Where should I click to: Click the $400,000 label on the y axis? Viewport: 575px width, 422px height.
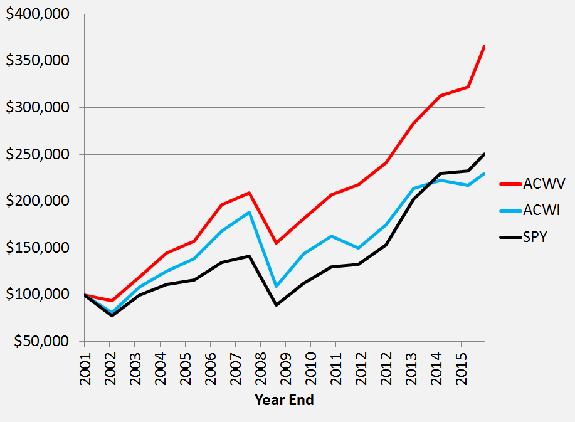pos(38,14)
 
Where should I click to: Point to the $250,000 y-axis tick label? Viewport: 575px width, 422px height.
pos(38,155)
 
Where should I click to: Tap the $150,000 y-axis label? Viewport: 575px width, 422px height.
pos(38,248)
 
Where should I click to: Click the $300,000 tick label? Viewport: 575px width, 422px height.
pos(38,108)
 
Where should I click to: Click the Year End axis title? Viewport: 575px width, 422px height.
pos(284,400)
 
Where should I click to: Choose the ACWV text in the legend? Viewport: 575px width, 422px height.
pos(545,184)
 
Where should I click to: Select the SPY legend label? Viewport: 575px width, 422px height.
pos(537,237)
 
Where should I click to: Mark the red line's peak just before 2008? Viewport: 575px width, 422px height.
pos(250,193)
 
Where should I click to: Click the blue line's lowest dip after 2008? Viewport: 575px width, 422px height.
pos(276,287)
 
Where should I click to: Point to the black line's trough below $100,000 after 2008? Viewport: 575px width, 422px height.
pos(276,305)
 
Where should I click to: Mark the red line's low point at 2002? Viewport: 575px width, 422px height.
pos(110,301)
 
